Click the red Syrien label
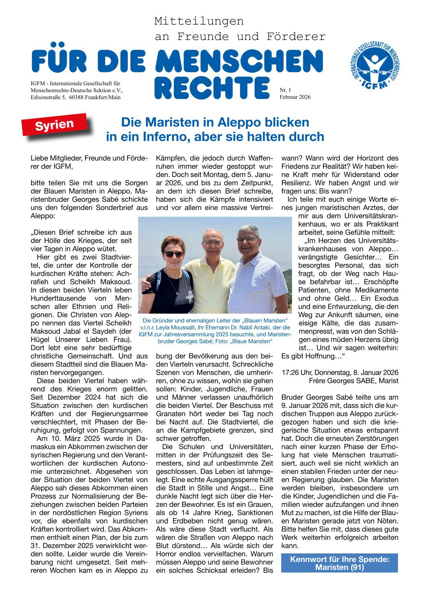click(55, 125)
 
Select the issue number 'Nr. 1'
click(285, 90)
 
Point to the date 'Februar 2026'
click(295, 97)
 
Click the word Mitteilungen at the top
click(199, 21)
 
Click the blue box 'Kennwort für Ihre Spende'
click(339, 563)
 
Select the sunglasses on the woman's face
click(174, 254)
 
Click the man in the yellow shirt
click(211, 274)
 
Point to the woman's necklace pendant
click(177, 292)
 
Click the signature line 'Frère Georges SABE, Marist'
click(353, 381)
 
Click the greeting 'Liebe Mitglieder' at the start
click(58, 158)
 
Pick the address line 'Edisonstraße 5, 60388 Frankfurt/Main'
click(76, 97)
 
